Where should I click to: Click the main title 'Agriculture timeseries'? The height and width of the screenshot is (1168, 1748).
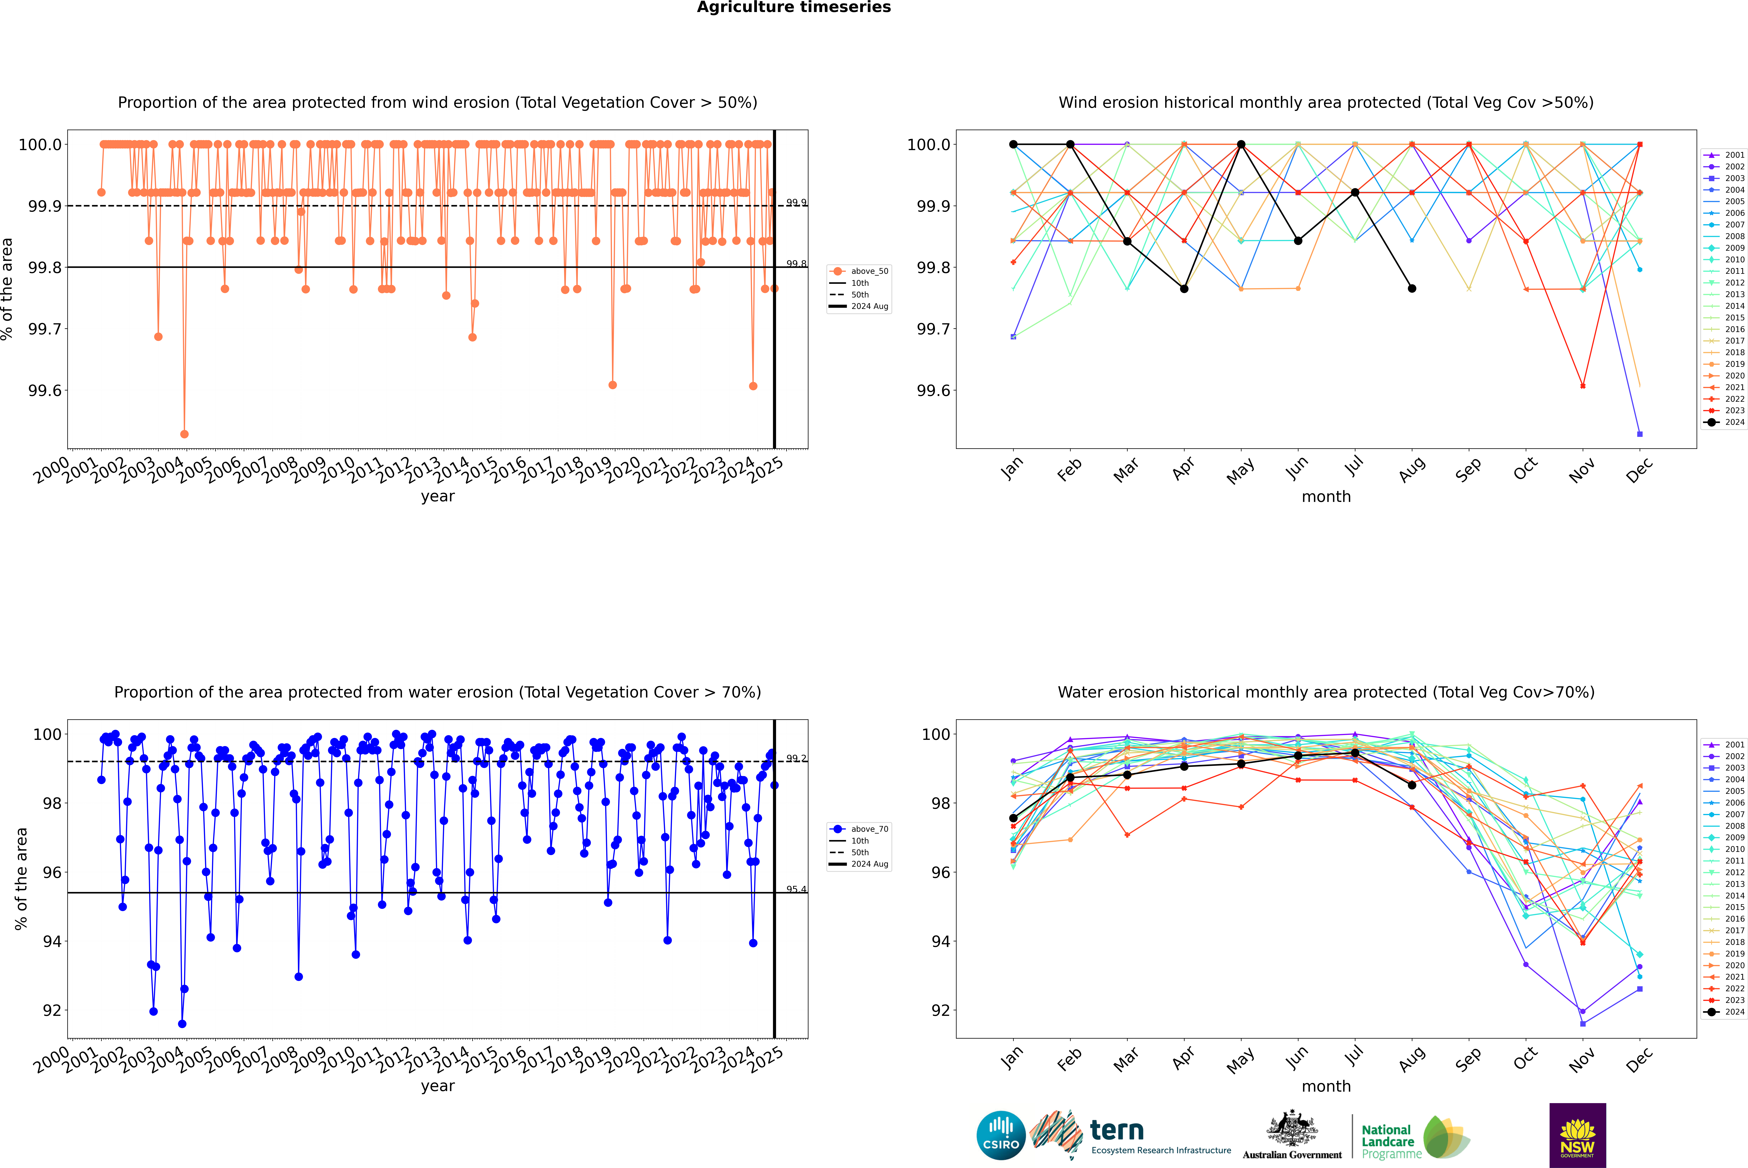click(793, 7)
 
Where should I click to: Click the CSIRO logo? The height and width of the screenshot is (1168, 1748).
click(1001, 1135)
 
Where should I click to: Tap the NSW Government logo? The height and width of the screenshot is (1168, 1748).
click(1577, 1135)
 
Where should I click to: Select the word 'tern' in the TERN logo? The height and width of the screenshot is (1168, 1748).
click(1116, 1130)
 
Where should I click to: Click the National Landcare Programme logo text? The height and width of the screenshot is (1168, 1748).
click(1387, 1141)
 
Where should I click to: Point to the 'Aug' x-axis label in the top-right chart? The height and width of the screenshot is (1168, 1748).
click(1412, 469)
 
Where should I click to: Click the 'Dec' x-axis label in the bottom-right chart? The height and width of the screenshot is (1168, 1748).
click(1639, 1059)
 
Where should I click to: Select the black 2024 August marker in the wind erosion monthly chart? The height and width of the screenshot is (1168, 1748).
click(1412, 288)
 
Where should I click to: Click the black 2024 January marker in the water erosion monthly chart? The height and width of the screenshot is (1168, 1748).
click(1013, 818)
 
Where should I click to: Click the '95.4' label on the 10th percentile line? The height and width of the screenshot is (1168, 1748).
click(796, 889)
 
